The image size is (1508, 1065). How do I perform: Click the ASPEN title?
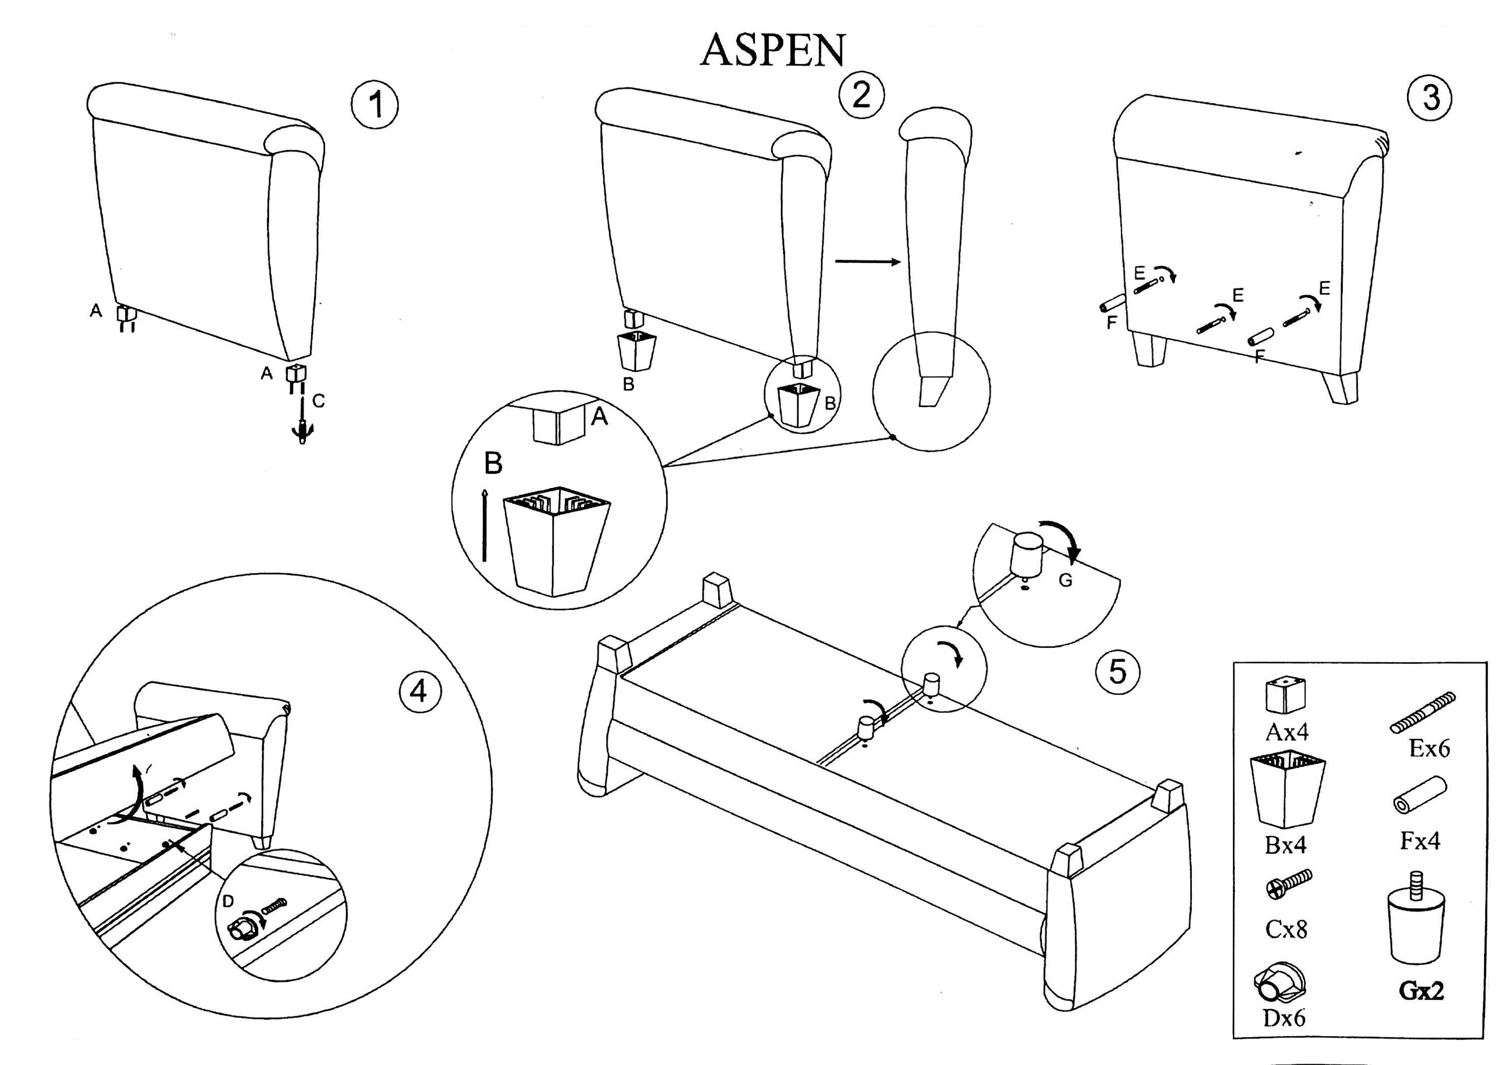(x=773, y=50)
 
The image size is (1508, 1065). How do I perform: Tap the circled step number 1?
(x=375, y=105)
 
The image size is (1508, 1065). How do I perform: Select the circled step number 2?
(x=860, y=95)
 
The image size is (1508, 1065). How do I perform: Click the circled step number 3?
(x=1430, y=98)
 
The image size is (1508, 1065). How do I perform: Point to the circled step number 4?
(x=419, y=691)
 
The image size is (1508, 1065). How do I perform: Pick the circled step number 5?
(x=1117, y=671)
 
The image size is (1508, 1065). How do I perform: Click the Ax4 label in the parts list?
(x=1285, y=732)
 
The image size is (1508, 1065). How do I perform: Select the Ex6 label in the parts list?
(x=1429, y=748)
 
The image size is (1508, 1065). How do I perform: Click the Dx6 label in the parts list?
(x=1283, y=1018)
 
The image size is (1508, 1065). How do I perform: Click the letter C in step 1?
(x=319, y=401)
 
